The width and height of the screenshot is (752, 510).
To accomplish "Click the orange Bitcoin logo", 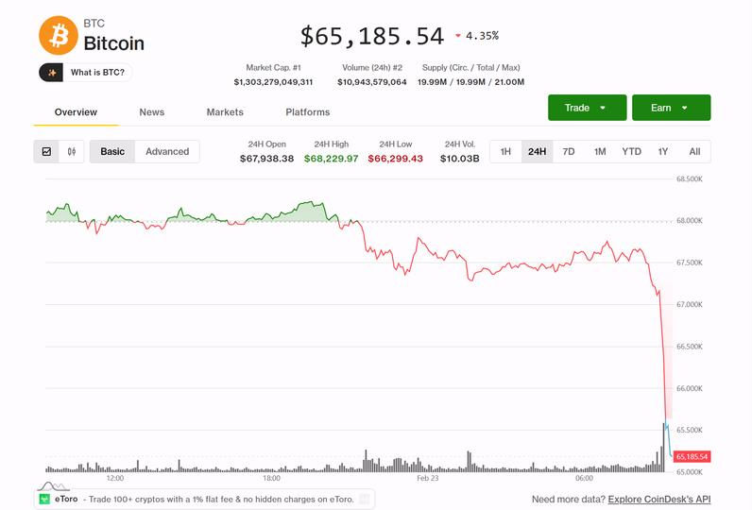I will coord(59,35).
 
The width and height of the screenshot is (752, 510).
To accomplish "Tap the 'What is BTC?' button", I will coord(86,73).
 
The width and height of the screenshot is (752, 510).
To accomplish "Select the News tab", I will coord(151,112).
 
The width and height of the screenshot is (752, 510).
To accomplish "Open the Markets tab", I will coord(225,112).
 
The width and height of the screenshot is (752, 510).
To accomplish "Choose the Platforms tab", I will coord(308,112).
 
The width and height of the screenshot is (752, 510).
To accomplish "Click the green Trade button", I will coord(587,108).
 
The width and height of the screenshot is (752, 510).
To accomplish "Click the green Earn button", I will coord(671,108).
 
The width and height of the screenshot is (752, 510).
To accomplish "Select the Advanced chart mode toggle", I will coord(167,151).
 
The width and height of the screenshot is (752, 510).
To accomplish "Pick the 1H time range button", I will coord(505,151).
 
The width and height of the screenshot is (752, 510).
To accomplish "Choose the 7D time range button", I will coord(569,151).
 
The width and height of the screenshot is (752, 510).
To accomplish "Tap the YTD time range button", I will coord(631,151).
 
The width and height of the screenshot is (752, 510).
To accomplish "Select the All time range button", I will coord(694,151).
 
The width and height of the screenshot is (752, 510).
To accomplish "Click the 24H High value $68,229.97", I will coord(331,159).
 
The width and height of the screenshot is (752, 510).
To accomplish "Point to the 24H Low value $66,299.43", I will coord(395,159).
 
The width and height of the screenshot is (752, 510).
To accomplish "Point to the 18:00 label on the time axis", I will coord(271,478).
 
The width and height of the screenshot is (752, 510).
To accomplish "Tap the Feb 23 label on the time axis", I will coord(428,478).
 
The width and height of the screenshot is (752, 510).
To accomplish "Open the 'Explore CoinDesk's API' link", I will coord(658,499).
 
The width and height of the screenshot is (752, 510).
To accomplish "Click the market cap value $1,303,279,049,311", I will coord(273,82).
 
